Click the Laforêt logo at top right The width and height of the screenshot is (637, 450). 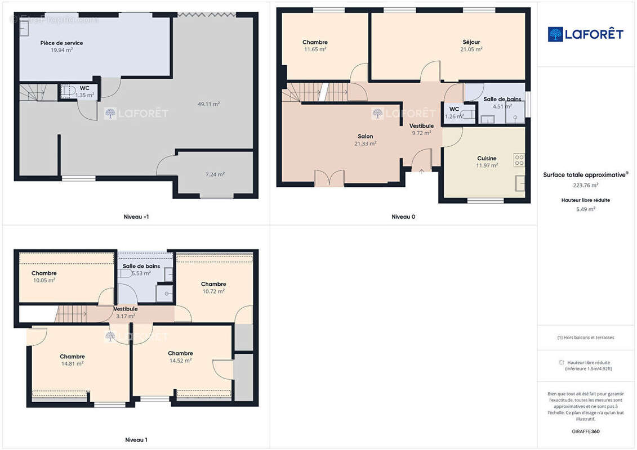585,34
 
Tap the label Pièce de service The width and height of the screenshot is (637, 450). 62,43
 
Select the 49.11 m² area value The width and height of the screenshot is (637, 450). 209,104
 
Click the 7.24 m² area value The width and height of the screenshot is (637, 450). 215,174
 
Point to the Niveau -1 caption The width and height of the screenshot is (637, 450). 136,217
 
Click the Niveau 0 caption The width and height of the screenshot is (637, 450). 403,217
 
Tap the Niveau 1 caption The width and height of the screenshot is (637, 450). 136,440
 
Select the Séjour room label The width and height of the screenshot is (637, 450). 471,42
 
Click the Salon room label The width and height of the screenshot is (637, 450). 365,136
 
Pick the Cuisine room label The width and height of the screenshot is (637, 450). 487,158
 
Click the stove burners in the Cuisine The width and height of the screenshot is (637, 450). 519,160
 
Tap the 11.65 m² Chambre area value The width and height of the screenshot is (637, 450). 315,49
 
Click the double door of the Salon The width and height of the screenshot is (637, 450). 329,178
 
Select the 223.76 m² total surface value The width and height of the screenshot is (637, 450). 585,186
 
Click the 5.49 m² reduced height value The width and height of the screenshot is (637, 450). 585,209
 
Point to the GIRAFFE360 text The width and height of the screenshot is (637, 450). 585,431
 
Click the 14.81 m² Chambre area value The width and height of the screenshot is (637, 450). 72,364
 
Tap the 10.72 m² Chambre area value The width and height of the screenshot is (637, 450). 213,291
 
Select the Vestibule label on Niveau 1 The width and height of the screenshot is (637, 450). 126,309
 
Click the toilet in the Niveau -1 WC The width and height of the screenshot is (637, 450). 69,91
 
